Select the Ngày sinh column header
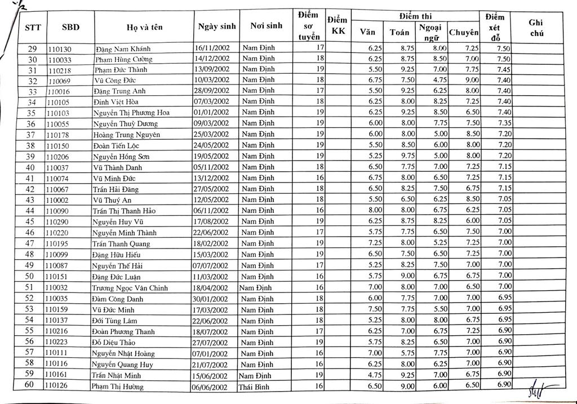pyautogui.click(x=216, y=26)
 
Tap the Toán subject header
pyautogui.click(x=400, y=32)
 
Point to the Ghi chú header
pyautogui.click(x=535, y=27)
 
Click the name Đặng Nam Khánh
pyautogui.click(x=122, y=49)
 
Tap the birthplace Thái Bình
pyautogui.click(x=256, y=387)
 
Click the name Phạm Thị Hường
pyautogui.click(x=118, y=387)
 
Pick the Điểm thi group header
pyautogui.click(x=415, y=16)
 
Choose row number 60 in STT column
pyautogui.click(x=32, y=386)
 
